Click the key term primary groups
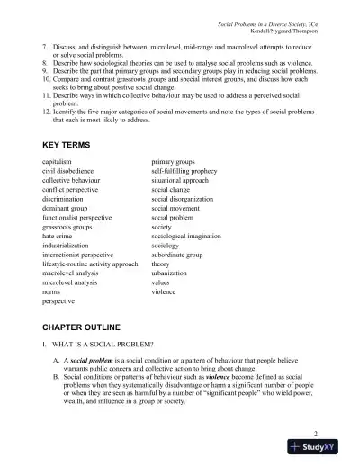178,161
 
